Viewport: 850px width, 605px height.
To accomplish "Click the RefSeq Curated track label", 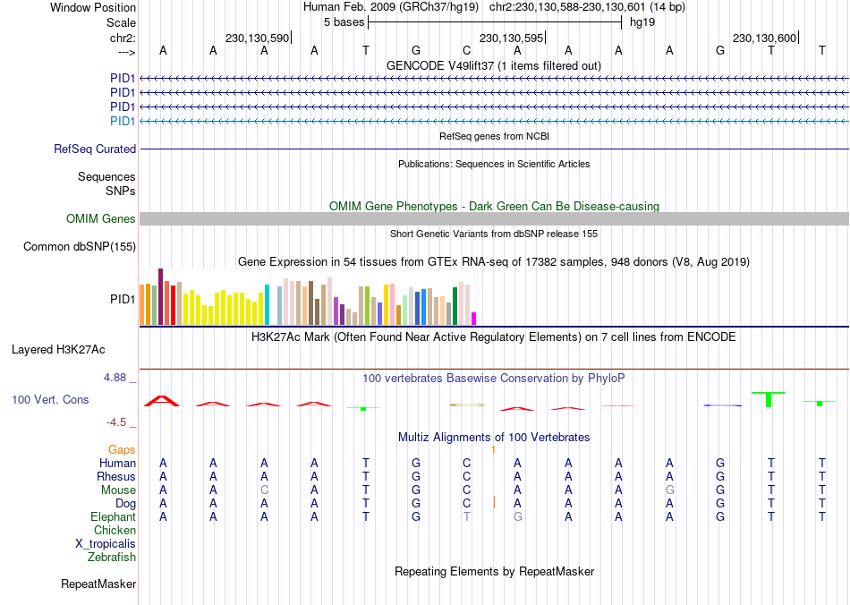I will [95, 149].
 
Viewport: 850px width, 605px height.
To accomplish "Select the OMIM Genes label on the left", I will [101, 219].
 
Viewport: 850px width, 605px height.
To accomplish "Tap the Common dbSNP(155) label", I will [80, 246].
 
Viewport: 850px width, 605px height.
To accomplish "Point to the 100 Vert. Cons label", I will [50, 399].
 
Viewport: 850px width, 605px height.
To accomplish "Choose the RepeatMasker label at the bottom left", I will [98, 584].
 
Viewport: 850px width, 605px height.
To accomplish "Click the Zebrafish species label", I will [112, 558].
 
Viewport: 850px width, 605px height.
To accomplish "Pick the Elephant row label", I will [114, 517].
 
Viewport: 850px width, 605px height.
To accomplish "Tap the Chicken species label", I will [115, 531].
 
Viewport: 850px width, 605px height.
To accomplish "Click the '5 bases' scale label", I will [344, 22].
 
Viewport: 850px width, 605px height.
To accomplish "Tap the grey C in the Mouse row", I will [264, 490].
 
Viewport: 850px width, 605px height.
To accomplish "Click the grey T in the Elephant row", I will [467, 517].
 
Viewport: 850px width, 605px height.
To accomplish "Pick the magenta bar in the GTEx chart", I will [474, 319].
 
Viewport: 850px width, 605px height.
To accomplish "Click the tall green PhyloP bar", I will [769, 399].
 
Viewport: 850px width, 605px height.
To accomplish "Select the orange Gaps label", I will [122, 449].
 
